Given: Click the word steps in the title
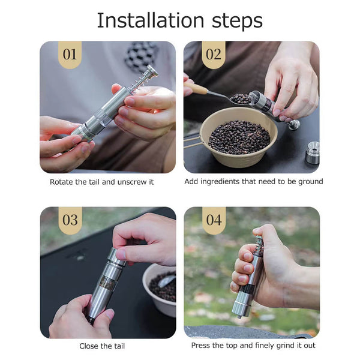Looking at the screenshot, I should [233, 21].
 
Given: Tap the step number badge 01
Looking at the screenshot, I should [70, 55].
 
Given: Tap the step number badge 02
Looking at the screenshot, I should [214, 55].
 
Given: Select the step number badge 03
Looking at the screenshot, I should [70, 220].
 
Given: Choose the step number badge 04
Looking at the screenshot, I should [214, 220].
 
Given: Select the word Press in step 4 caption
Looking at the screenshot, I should [201, 346].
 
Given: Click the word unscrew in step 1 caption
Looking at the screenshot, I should [132, 181].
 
